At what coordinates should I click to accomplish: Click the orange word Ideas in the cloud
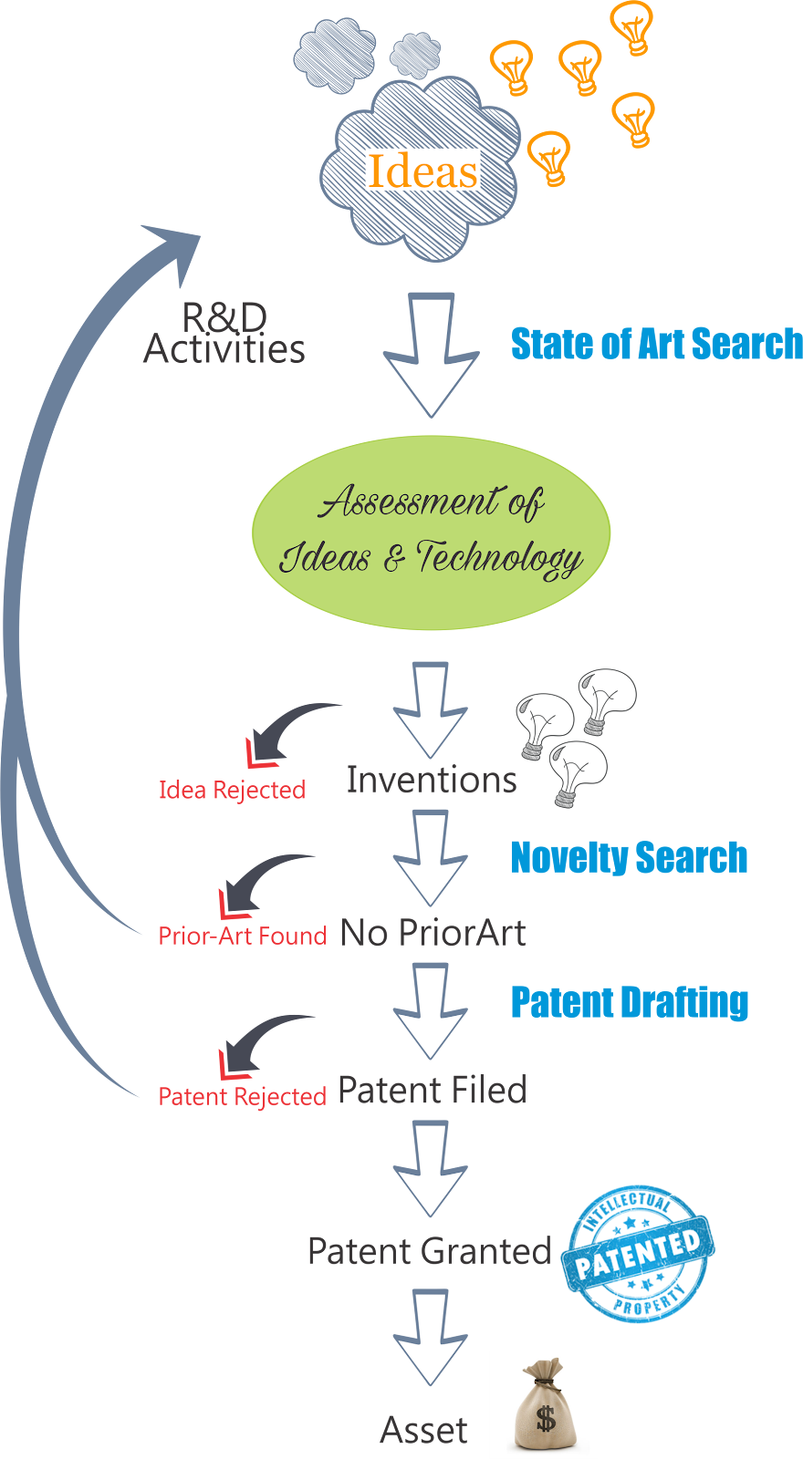click(422, 171)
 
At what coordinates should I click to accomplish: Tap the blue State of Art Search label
click(656, 344)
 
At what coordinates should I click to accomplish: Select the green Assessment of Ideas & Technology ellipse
click(431, 533)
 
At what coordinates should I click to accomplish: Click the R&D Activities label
click(224, 334)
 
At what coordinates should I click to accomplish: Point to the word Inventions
click(432, 780)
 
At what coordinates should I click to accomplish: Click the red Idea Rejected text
click(232, 790)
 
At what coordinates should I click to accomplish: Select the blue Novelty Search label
click(629, 858)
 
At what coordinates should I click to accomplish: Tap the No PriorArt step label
click(433, 933)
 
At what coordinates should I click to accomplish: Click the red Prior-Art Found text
click(243, 936)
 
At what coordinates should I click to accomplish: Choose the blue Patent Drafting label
click(630, 1002)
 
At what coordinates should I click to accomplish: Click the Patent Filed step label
click(433, 1090)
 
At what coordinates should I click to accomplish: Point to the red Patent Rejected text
click(243, 1096)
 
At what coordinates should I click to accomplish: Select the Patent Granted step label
click(429, 1251)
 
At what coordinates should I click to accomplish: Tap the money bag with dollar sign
click(544, 1405)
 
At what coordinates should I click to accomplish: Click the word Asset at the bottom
click(424, 1430)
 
